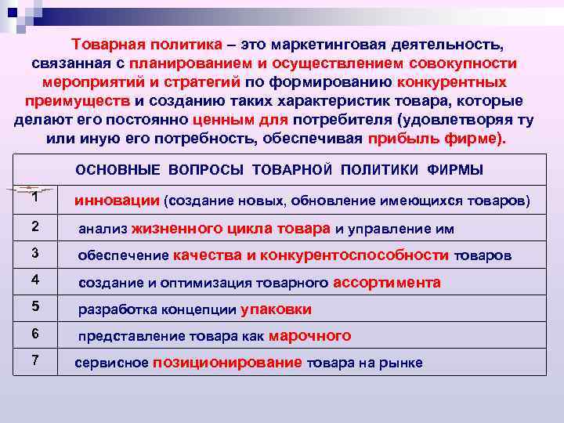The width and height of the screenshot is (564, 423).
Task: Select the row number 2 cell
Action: pos(34,227)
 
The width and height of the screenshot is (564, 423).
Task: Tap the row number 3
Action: pos(34,254)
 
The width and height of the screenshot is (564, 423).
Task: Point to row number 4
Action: pos(34,280)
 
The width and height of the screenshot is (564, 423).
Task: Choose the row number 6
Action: pos(34,333)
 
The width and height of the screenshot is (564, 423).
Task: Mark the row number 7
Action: pos(34,360)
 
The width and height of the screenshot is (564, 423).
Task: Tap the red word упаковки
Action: pos(276,309)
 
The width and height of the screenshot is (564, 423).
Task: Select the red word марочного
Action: pos(309,336)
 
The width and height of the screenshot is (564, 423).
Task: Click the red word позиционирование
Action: pos(227,362)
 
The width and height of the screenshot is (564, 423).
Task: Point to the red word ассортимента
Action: pos(387,282)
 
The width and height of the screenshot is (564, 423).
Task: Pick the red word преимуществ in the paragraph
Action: pos(78,101)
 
